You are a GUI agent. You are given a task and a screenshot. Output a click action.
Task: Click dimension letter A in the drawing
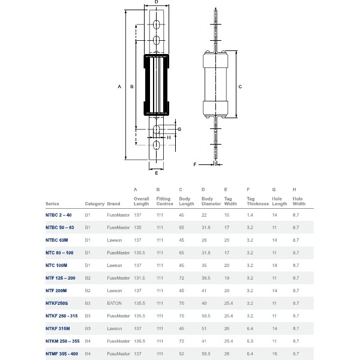click(x=120, y=87)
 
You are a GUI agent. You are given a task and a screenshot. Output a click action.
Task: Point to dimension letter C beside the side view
click(x=240, y=86)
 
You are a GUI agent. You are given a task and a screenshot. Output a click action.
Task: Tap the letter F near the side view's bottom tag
click(x=195, y=163)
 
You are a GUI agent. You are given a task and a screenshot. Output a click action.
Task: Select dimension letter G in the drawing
click(x=179, y=129)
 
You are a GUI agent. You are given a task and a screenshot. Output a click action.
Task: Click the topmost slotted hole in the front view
click(x=156, y=25)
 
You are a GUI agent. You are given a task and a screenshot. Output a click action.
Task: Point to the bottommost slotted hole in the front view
click(x=156, y=145)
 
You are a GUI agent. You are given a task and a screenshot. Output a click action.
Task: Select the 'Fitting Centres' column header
click(x=164, y=201)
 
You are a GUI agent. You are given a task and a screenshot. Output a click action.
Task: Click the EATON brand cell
click(x=115, y=303)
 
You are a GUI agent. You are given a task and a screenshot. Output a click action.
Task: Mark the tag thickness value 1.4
click(x=250, y=214)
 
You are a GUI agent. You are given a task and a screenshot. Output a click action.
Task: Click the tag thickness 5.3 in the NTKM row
click(x=250, y=341)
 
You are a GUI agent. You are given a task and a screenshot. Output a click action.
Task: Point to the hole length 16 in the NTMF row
click(x=274, y=353)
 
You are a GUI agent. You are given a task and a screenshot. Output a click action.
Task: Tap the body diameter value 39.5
click(x=207, y=278)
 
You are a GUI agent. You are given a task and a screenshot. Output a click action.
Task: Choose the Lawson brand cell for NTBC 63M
click(x=114, y=239)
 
